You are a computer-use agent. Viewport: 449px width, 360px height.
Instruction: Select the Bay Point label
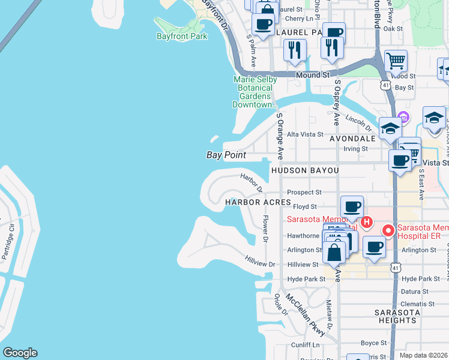click(x=226, y=155)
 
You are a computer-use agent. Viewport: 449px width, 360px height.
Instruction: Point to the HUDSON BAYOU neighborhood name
click(x=305, y=171)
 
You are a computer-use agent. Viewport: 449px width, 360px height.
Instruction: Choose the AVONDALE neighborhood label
click(x=352, y=138)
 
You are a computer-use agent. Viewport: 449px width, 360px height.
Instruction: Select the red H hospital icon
click(x=367, y=223)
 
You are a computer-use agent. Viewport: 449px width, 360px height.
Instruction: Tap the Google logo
click(x=20, y=353)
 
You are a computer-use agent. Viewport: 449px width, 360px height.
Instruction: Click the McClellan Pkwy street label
click(x=306, y=314)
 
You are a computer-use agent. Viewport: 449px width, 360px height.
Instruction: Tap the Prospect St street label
click(x=305, y=193)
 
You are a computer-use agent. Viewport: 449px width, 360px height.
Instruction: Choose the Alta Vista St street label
click(x=305, y=134)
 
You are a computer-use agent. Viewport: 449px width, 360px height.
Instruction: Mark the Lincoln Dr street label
click(x=359, y=122)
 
